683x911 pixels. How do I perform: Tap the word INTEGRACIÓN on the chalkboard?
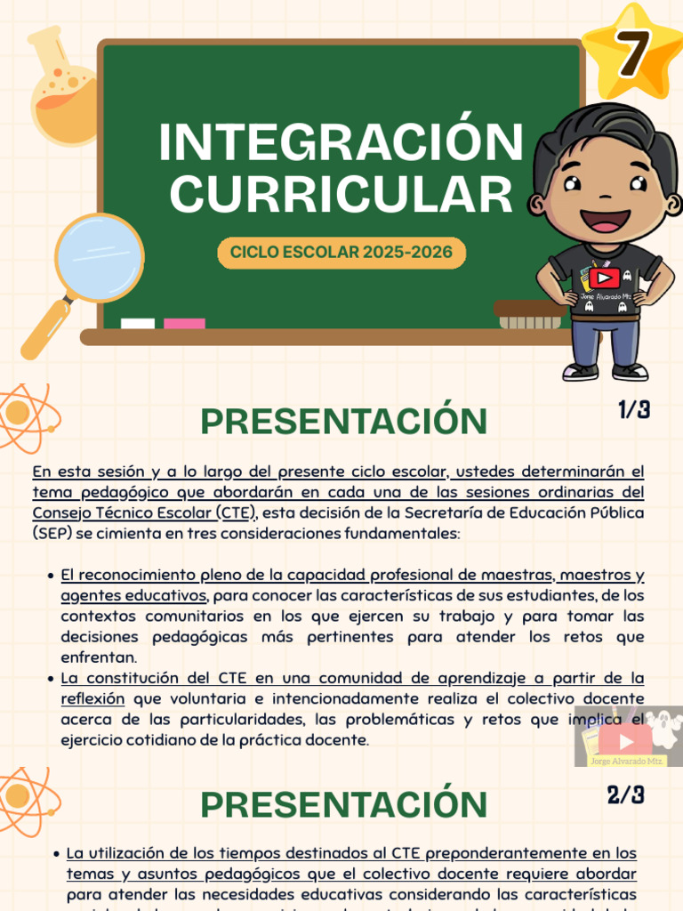[x=341, y=143]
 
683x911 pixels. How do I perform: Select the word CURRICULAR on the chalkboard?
[x=341, y=194]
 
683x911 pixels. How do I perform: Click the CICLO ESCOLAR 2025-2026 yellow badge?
[x=341, y=253]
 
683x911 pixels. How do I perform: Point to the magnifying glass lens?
[x=98, y=257]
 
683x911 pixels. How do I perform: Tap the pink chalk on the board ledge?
[x=184, y=324]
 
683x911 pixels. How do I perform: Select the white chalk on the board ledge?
[x=137, y=324]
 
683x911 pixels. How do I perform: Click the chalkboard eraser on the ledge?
[x=528, y=314]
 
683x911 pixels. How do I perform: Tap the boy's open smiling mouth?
[x=605, y=219]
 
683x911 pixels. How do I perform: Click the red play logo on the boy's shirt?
[x=603, y=278]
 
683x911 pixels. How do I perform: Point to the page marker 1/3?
[x=634, y=410]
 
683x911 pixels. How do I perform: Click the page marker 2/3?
[x=626, y=794]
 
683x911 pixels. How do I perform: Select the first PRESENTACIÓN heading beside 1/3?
[x=343, y=422]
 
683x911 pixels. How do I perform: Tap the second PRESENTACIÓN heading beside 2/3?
[x=343, y=805]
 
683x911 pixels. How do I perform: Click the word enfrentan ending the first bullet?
[x=99, y=657]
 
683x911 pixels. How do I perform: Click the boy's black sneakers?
[x=605, y=371]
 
